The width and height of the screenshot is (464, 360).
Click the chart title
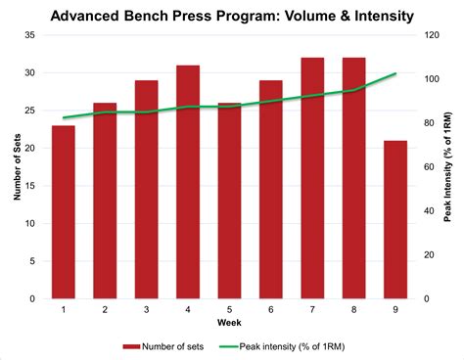[232, 16]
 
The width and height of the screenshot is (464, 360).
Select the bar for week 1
[63, 212]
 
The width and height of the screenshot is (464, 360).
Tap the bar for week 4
[188, 182]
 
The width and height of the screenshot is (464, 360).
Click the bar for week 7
[313, 178]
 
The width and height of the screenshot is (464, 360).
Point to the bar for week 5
[230, 201]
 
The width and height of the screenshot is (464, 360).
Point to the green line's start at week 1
[63, 117]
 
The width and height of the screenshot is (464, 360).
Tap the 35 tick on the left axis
[29, 35]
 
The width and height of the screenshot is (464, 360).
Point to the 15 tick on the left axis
[29, 186]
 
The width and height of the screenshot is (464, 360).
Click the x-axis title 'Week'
[229, 323]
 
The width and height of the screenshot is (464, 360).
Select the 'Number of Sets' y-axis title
[16, 166]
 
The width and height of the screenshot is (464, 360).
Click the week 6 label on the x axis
[271, 310]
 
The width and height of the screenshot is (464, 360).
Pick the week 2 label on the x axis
[105, 310]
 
